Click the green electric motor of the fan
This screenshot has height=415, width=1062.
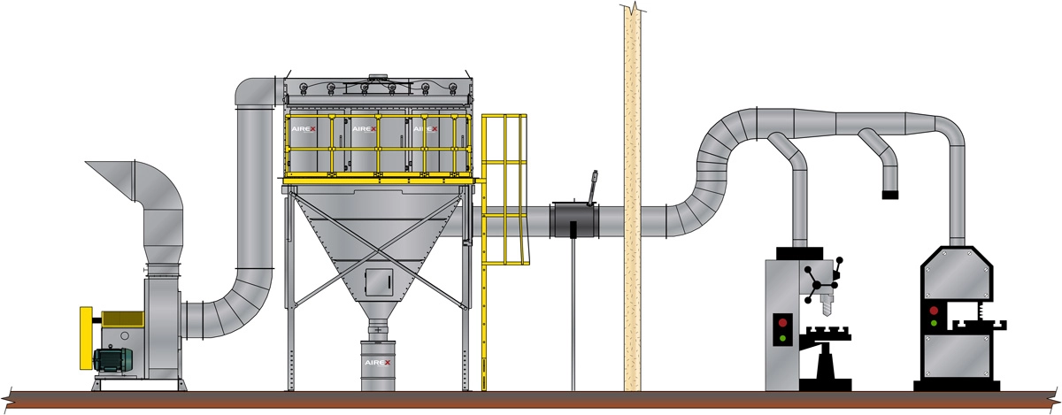pyautogui.click(x=113, y=359)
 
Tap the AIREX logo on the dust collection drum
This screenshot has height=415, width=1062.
pyautogui.click(x=377, y=363)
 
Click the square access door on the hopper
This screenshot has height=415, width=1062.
pyautogui.click(x=379, y=282)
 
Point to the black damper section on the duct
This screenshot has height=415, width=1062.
pyautogui.click(x=574, y=220)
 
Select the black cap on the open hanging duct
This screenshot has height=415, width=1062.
pyautogui.click(x=890, y=195)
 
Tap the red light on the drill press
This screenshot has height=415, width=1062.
pyautogui.click(x=782, y=322)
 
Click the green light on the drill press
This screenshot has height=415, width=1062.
pyautogui.click(x=782, y=338)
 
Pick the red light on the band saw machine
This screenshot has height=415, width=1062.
pyautogui.click(x=934, y=311)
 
